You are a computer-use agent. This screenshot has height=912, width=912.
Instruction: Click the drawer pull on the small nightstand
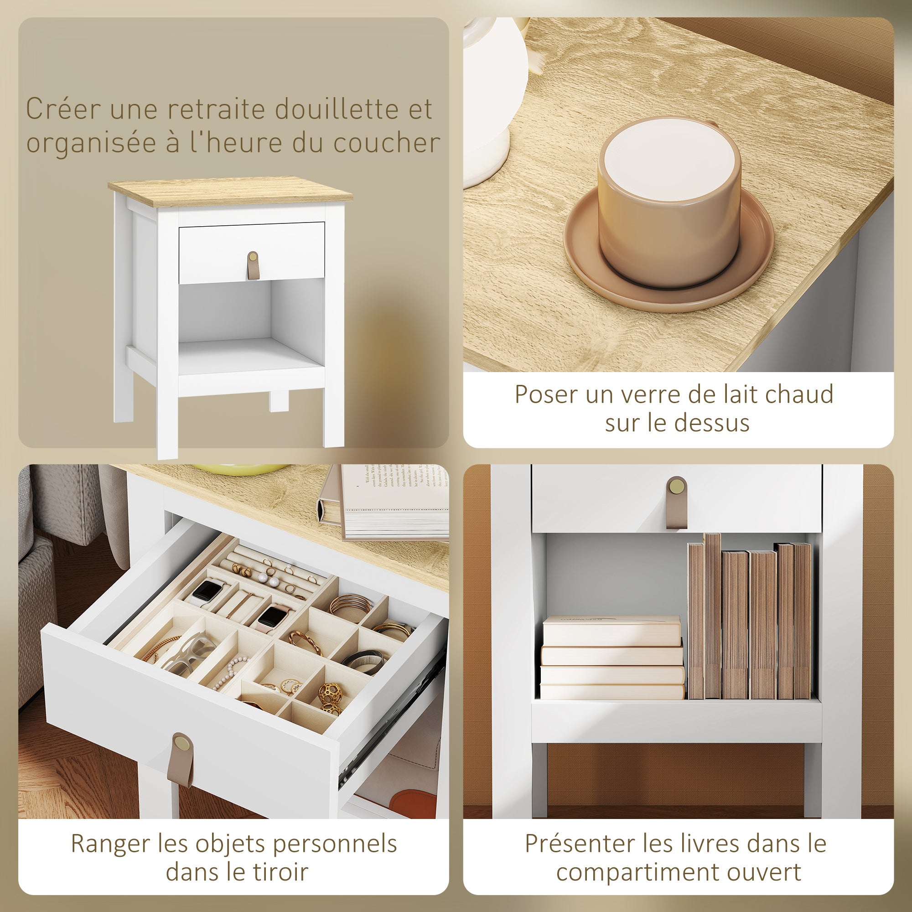tap(253, 266)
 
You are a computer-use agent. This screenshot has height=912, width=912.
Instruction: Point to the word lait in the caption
tap(735, 394)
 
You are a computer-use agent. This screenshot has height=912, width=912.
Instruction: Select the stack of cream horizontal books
tap(612, 658)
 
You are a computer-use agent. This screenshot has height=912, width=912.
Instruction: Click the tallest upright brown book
tap(712, 616)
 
